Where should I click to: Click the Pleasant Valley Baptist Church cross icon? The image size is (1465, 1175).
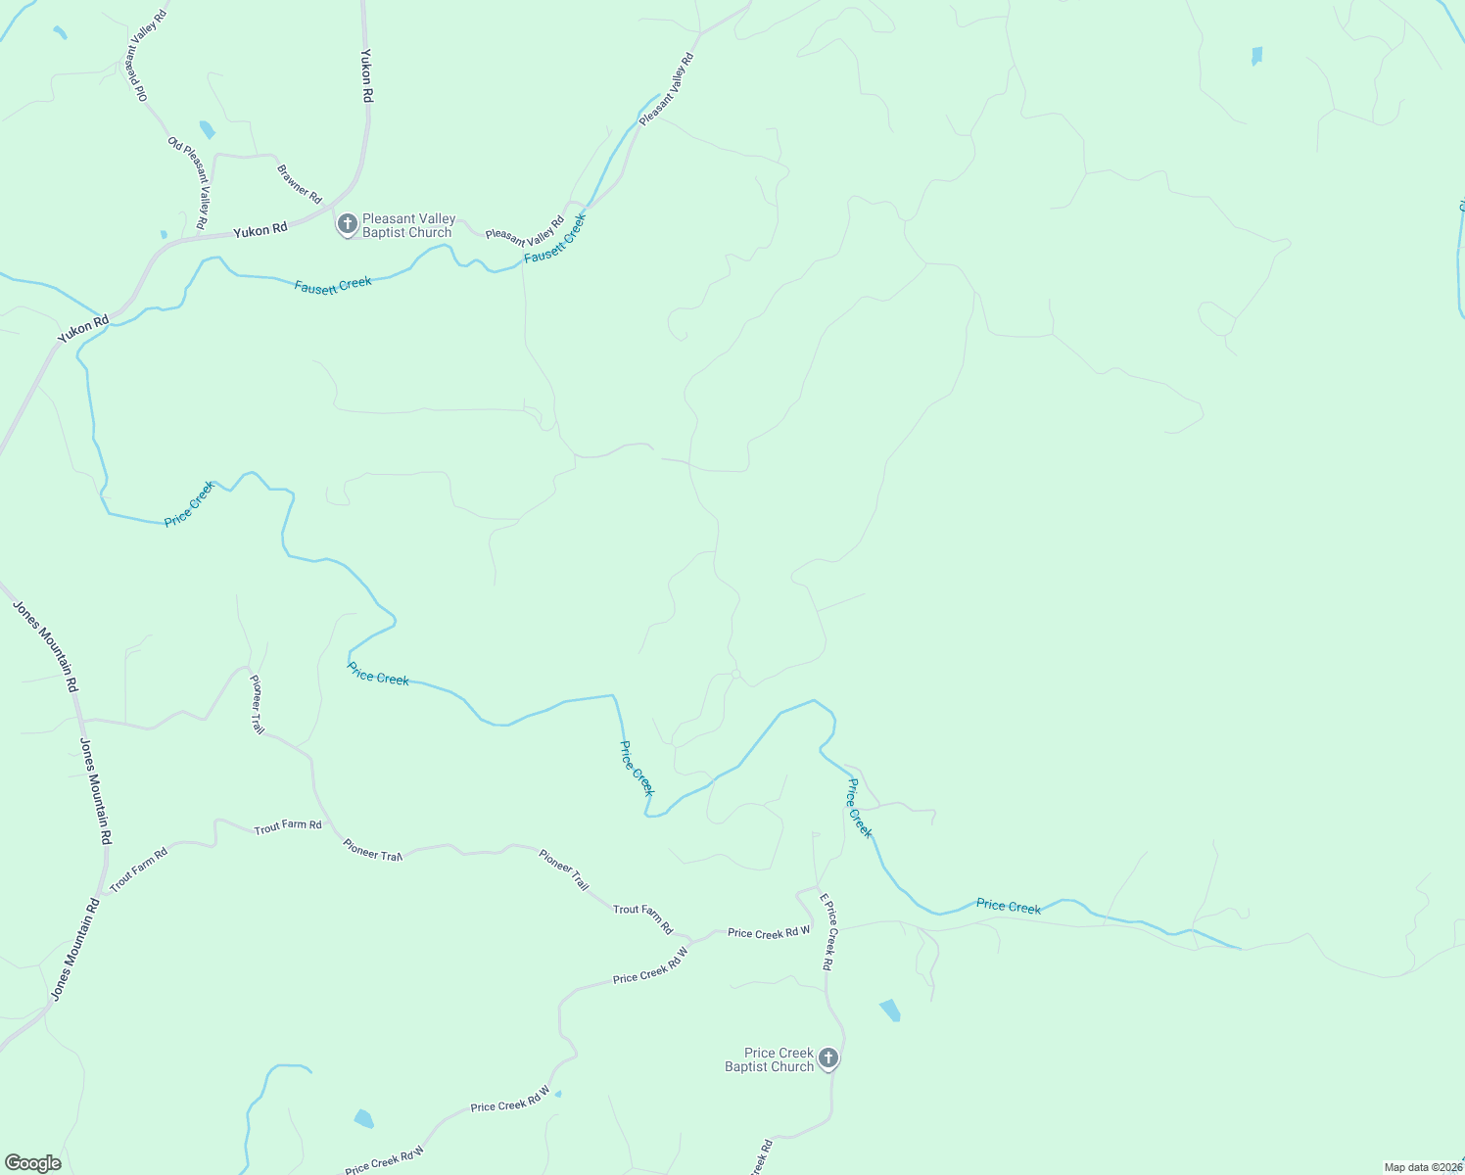[x=347, y=225]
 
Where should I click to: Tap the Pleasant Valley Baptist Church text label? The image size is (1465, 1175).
[x=407, y=226]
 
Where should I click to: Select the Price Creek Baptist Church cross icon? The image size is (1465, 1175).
[x=828, y=1058]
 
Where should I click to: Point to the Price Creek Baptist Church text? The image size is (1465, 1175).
[x=770, y=1059]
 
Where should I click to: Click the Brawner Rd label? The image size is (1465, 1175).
[x=300, y=184]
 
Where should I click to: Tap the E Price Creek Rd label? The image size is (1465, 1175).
[x=827, y=931]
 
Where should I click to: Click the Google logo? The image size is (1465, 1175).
[x=33, y=1163]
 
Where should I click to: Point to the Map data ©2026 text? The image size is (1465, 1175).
[x=1423, y=1167]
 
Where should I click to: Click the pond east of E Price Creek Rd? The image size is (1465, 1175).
[x=890, y=1010]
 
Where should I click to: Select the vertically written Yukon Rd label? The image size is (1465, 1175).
[x=367, y=76]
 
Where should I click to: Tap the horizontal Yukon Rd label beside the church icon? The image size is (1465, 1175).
[x=260, y=229]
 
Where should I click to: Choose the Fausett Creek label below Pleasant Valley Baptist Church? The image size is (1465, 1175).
[x=333, y=286]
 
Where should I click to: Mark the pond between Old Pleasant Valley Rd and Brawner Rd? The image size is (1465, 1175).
[x=207, y=129]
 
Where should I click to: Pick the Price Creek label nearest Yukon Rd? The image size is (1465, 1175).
[x=190, y=503]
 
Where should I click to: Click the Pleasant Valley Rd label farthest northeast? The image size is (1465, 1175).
[x=666, y=89]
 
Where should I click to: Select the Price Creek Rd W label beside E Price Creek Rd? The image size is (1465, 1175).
[x=769, y=933]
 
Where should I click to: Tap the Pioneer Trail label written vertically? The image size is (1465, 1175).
[x=257, y=704]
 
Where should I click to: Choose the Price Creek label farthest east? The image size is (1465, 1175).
[x=1009, y=906]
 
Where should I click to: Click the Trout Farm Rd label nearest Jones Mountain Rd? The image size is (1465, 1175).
[x=139, y=869]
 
